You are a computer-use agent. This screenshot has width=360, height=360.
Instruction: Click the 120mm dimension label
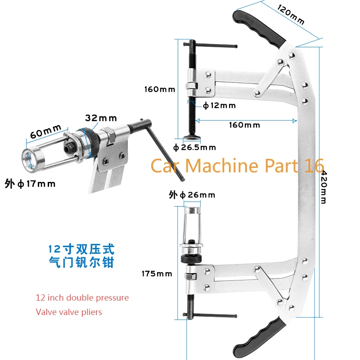pos(290,14)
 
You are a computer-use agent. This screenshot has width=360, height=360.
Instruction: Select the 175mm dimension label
pos(157,274)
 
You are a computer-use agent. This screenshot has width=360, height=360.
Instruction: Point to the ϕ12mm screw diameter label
pos(219,106)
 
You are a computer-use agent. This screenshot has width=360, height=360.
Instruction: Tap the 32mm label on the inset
pos(101,118)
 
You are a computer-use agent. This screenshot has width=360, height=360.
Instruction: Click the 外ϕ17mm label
pos(30,184)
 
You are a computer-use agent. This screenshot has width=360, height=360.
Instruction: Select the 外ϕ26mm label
pos(192,195)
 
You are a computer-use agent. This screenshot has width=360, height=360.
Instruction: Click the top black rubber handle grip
pos(261,27)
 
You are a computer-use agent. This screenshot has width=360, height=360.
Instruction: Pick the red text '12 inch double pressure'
pos(82,298)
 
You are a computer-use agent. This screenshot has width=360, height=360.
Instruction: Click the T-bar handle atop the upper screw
pos(211,45)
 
